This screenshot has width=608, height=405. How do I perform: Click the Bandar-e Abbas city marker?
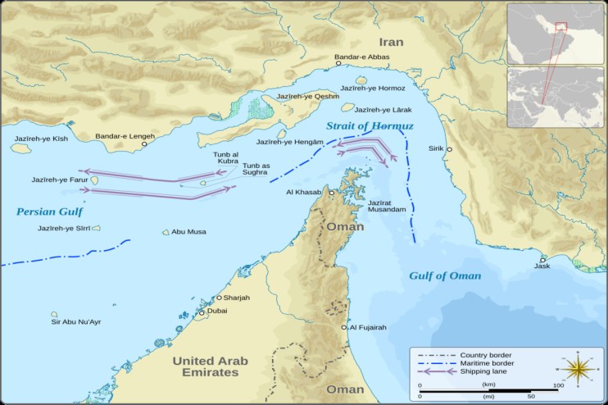coord(338,63)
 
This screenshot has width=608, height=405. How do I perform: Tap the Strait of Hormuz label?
coord(370,126)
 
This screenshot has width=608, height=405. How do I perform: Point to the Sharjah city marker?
coord(219,298)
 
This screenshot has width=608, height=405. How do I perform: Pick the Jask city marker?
coord(542,260)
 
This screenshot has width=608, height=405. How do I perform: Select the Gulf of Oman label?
coord(445,275)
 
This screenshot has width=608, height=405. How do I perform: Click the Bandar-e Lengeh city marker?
coord(145,143)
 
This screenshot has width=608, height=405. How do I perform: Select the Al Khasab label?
coord(302,193)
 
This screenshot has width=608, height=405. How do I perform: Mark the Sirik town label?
coord(435,148)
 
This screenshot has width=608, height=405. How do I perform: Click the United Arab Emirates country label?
coord(205,366)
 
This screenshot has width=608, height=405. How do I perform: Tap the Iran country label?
coord(392,42)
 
